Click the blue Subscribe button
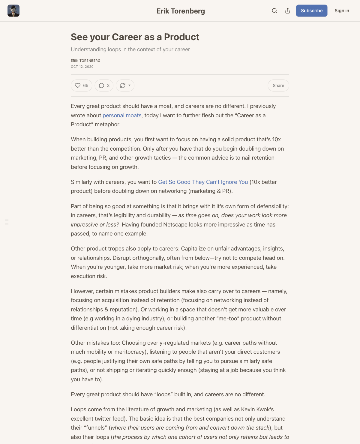click(311, 11)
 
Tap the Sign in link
click(342, 11)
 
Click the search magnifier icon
click(274, 11)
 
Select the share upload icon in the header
click(287, 11)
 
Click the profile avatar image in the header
click(13, 11)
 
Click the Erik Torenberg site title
click(181, 11)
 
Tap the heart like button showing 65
click(81, 85)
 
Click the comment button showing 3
click(104, 85)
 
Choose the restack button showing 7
click(125, 85)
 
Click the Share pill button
click(278, 85)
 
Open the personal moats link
click(122, 115)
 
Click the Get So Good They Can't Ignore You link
click(203, 182)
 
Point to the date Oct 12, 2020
click(82, 67)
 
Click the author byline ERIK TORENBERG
click(85, 61)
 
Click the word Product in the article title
click(181, 37)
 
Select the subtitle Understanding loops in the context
click(130, 49)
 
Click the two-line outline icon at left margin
click(7, 222)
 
